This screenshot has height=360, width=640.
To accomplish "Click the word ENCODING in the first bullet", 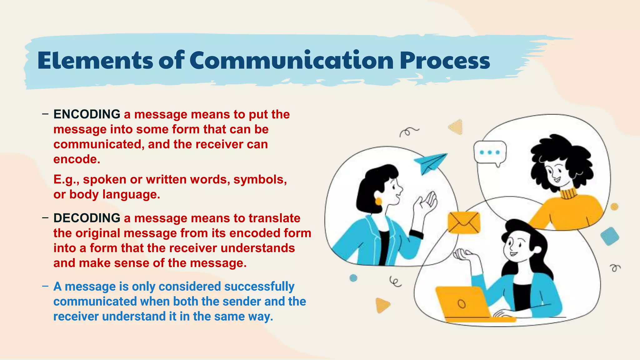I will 87,114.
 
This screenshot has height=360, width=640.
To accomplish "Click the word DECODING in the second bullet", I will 87,218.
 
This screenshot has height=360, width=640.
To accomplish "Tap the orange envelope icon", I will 464,222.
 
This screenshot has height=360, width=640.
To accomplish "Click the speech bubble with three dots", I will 490,153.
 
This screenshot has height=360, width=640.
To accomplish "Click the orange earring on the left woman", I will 378,201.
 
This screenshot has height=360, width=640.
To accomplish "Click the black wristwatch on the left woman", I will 416,234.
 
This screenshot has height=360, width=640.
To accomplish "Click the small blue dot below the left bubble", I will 353,278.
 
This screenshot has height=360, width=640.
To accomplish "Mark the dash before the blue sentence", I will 45,286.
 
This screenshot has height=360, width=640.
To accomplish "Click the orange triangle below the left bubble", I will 382,305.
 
